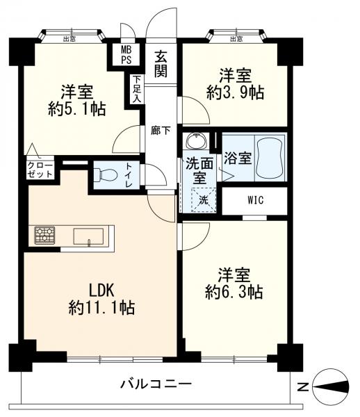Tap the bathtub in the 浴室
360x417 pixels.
tap(270, 158)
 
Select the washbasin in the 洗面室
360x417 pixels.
tap(197, 140)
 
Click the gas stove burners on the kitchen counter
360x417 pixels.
tap(44, 235)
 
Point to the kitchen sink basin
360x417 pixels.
tap(88, 236)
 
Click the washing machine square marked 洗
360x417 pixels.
tap(204, 199)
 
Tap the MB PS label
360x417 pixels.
tap(126, 55)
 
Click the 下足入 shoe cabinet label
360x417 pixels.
tap(137, 90)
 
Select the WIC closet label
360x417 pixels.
tap(255, 199)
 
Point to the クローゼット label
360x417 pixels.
tap(40, 170)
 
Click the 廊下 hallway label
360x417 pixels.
tap(161, 131)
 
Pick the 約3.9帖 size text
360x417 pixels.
tap(236, 93)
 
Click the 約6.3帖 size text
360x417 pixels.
tap(234, 293)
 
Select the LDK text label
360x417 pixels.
tap(101, 291)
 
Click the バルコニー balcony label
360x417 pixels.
tap(156, 384)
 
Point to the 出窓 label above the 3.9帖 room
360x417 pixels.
tap(236, 39)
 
